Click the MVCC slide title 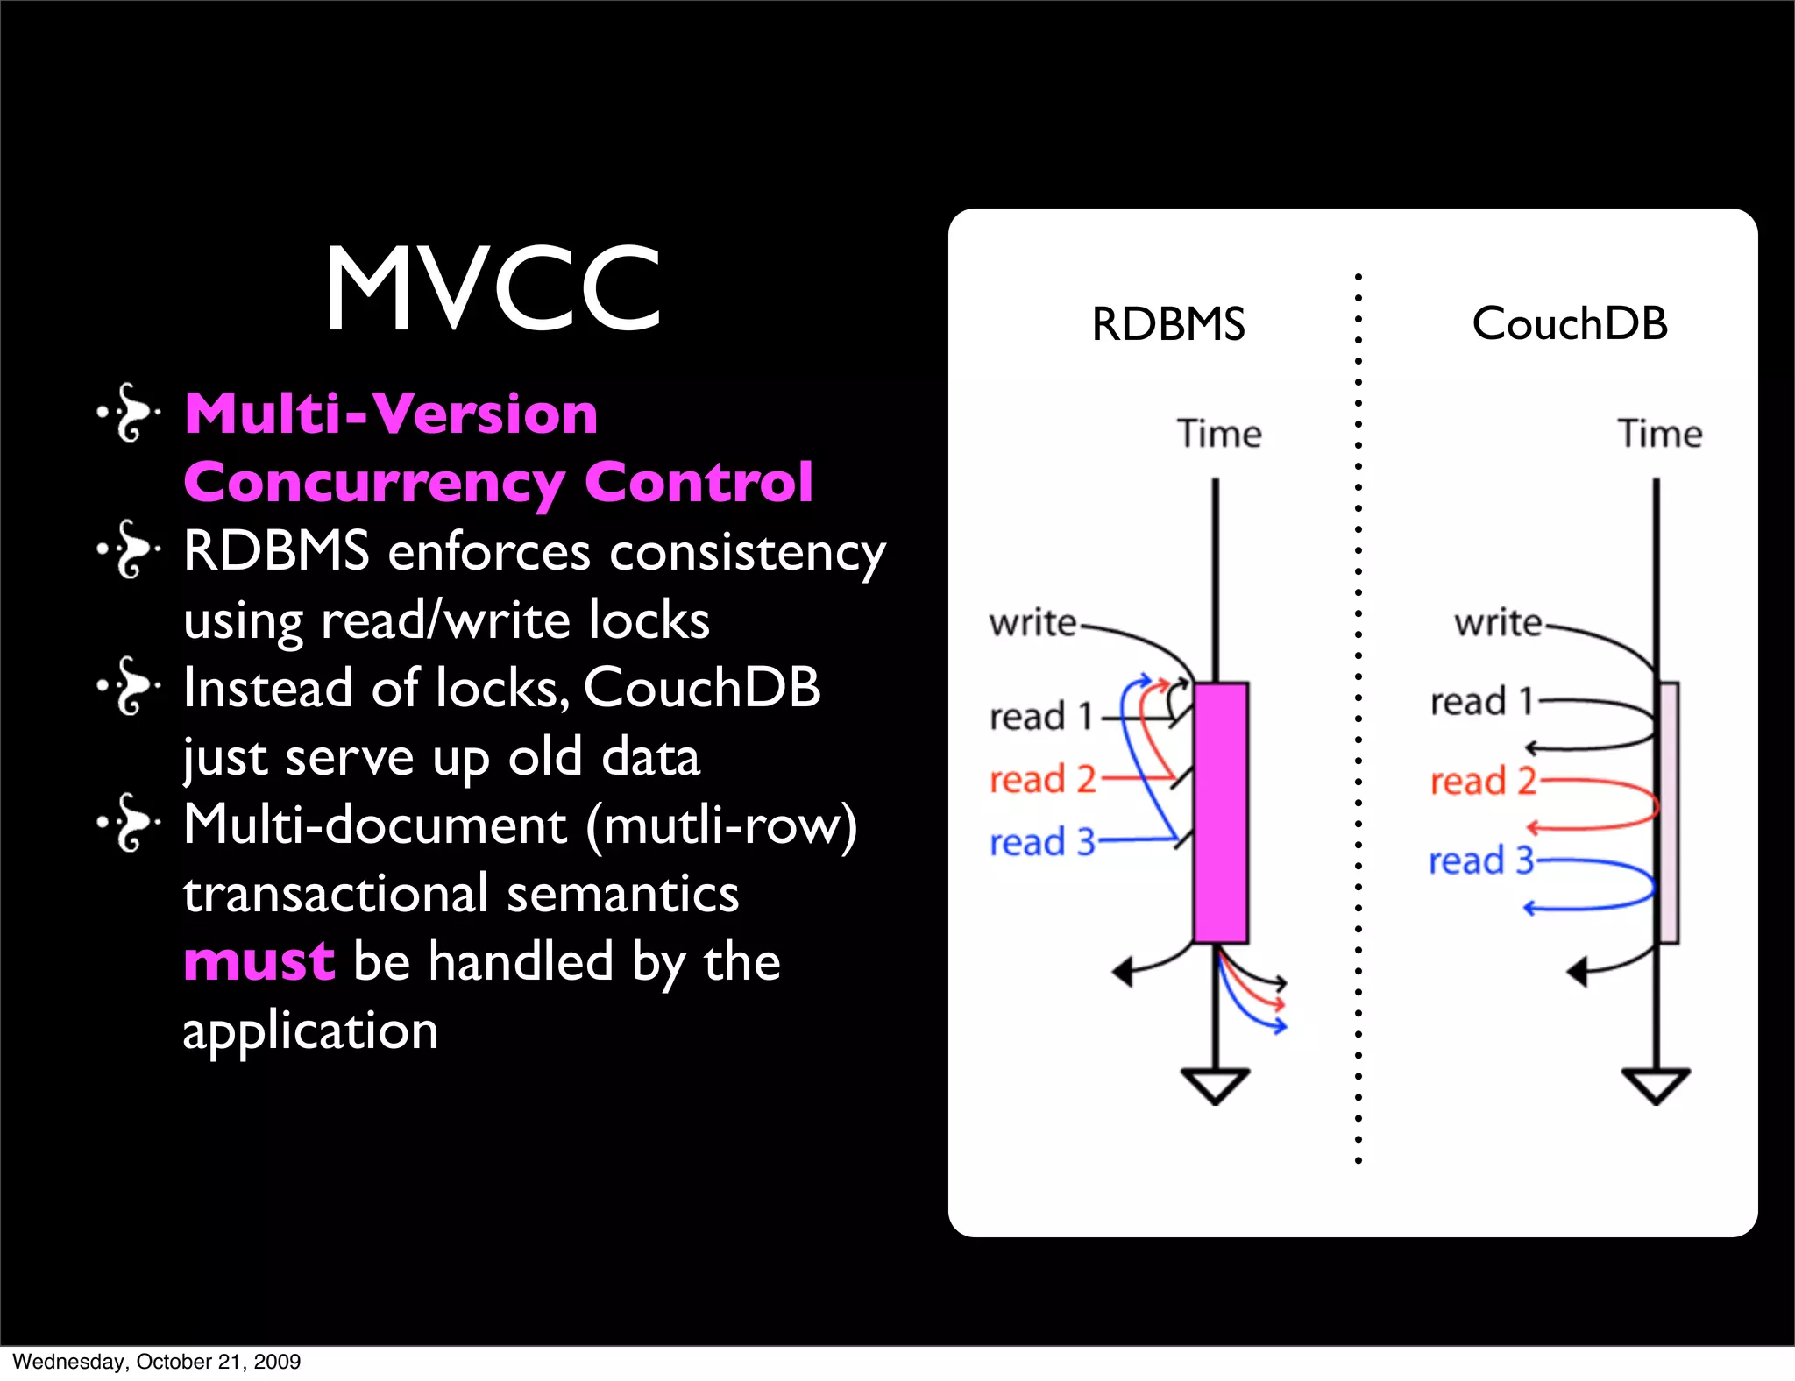click(x=493, y=288)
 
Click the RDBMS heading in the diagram click(x=1167, y=324)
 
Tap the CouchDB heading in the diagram click(x=1569, y=323)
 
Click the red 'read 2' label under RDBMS click(x=1042, y=779)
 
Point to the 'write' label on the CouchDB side click(x=1497, y=623)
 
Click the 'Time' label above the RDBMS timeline click(x=1218, y=434)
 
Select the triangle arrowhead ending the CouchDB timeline click(x=1656, y=1085)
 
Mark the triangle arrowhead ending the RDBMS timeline click(x=1215, y=1085)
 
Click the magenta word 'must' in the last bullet click(x=259, y=961)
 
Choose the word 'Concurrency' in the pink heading click(x=374, y=483)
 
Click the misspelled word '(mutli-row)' click(x=721, y=825)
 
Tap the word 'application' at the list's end click(x=310, y=1030)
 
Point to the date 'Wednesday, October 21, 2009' click(x=156, y=1362)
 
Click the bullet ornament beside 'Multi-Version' click(x=129, y=412)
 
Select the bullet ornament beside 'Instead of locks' click(x=129, y=686)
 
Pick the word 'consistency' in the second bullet click(x=748, y=553)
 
